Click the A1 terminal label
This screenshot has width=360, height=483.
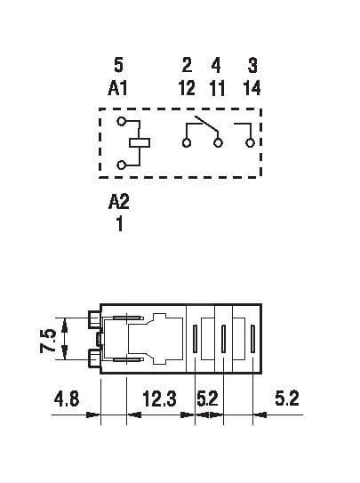(117, 88)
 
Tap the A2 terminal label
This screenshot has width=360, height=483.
(119, 202)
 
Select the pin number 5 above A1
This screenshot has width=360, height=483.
(118, 65)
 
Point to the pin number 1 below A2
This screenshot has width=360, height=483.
(120, 223)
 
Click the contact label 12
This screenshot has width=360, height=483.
(187, 88)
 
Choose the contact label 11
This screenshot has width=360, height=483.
(217, 88)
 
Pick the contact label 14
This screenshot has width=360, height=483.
(252, 88)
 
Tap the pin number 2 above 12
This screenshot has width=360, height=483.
(187, 65)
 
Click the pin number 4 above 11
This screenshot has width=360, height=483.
(216, 65)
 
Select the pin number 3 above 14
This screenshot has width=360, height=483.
(252, 65)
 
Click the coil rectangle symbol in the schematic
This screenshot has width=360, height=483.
(140, 142)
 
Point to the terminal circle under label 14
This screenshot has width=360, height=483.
(250, 143)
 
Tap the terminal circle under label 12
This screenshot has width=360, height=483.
(187, 143)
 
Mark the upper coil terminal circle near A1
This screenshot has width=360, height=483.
(122, 121)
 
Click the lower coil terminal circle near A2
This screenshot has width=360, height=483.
(122, 165)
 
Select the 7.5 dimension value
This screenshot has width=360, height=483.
(48, 341)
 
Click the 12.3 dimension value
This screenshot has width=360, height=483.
(159, 398)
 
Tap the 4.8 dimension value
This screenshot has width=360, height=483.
(67, 398)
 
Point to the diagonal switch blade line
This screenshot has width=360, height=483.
(206, 125)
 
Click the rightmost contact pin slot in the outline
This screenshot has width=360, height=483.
(252, 339)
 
